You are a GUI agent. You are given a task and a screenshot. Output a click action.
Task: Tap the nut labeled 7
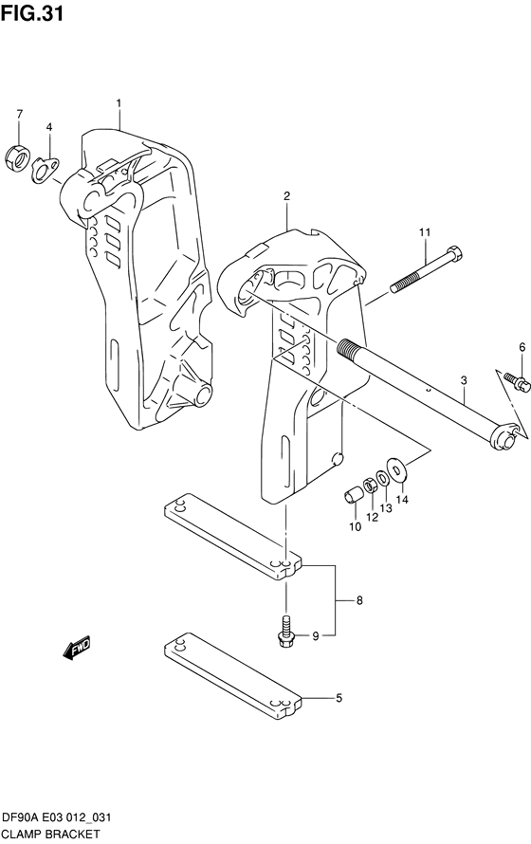[16, 158]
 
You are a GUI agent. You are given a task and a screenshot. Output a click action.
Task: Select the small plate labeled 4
[45, 169]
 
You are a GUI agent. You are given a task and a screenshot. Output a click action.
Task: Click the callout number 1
[119, 102]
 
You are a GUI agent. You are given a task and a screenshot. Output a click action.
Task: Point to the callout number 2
[286, 196]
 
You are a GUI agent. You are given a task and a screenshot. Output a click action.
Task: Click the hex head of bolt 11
[454, 251]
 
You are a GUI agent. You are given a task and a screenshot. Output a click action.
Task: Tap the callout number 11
[425, 232]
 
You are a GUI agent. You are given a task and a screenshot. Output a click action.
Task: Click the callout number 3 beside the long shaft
[464, 380]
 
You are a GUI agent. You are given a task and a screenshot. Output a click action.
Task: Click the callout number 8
[359, 600]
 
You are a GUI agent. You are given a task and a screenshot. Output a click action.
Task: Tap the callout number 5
[339, 699]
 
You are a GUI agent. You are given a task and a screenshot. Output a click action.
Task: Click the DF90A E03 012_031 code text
[57, 818]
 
